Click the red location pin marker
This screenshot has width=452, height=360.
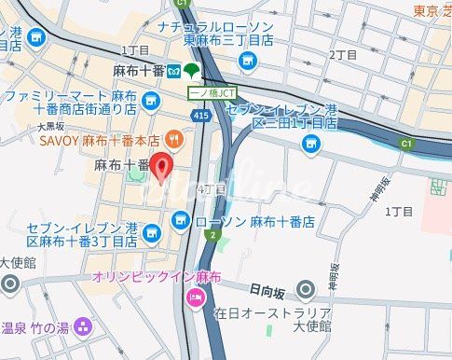[161, 168]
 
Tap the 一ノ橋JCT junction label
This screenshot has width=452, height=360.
[212, 93]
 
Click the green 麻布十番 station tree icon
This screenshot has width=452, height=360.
[190, 72]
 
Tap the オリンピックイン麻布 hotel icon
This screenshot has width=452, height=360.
[196, 297]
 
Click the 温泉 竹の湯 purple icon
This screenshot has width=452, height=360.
[83, 327]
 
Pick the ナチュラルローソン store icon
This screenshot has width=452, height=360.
[247, 62]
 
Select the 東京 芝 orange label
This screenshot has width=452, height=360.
[431, 11]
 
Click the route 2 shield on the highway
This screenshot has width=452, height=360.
[212, 235]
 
